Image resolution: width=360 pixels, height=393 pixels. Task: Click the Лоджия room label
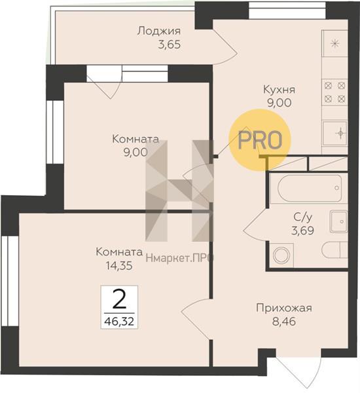click(159, 31)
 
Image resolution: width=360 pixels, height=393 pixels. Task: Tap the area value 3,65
click(170, 45)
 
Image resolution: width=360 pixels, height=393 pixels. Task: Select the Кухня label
click(279, 90)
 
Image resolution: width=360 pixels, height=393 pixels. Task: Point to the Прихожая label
click(284, 309)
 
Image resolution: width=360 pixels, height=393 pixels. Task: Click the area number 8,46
click(284, 321)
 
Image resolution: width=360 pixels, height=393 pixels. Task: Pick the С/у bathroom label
click(303, 217)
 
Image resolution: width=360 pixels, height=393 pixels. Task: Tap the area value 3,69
click(302, 231)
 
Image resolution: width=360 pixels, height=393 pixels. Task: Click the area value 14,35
click(119, 266)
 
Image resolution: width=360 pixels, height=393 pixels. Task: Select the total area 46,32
click(119, 321)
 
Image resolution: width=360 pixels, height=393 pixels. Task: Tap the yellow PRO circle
click(260, 140)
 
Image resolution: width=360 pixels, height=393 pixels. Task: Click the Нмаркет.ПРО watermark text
click(179, 258)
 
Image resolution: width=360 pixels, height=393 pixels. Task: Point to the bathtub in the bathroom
click(310, 188)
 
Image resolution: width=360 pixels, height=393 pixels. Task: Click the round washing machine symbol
click(281, 255)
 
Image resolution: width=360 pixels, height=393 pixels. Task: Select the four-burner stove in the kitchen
click(334, 92)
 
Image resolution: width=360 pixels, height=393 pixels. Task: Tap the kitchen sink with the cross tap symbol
click(335, 133)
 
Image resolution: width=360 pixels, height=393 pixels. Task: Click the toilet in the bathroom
click(334, 250)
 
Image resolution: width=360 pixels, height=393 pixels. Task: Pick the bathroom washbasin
click(338, 221)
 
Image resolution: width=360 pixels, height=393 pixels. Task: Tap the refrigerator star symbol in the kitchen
click(334, 44)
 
